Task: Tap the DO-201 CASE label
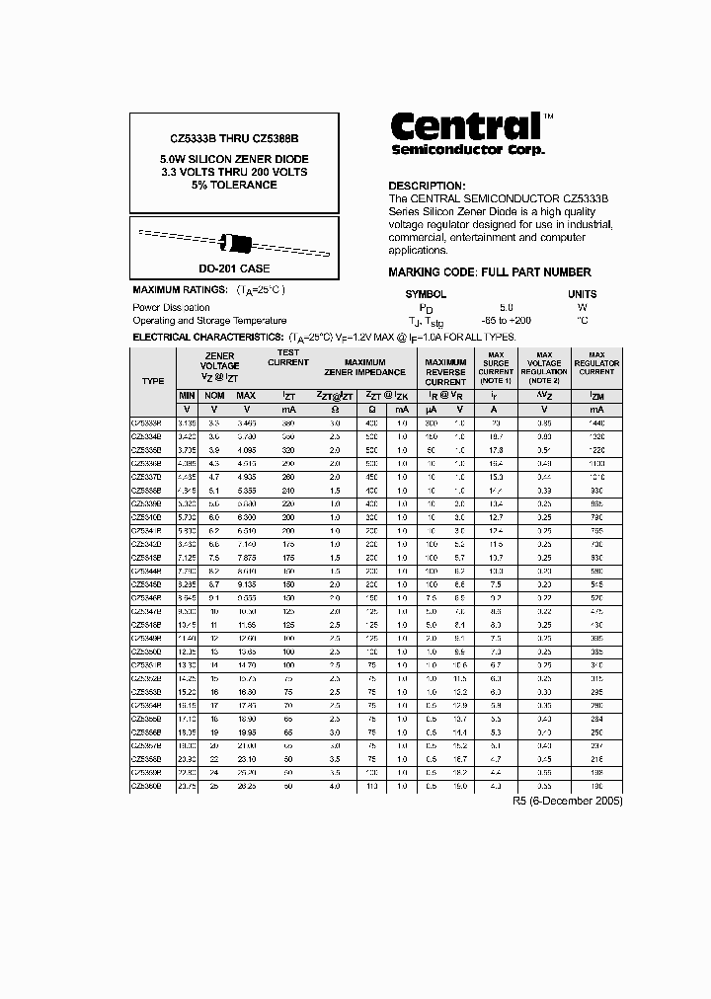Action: (234, 269)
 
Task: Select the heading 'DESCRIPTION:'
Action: (426, 186)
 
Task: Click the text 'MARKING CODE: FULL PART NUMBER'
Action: (489, 272)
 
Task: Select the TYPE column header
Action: (153, 380)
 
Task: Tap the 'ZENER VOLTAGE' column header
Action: (219, 366)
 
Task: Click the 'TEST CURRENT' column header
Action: (287, 357)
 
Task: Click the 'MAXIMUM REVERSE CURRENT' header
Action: (445, 372)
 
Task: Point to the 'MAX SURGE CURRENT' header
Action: (496, 367)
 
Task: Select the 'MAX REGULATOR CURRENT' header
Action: (596, 363)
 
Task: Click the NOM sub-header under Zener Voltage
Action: (214, 395)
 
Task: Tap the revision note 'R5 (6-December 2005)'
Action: (568, 801)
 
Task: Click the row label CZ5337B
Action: (149, 476)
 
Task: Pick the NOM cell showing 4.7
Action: (214, 476)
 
